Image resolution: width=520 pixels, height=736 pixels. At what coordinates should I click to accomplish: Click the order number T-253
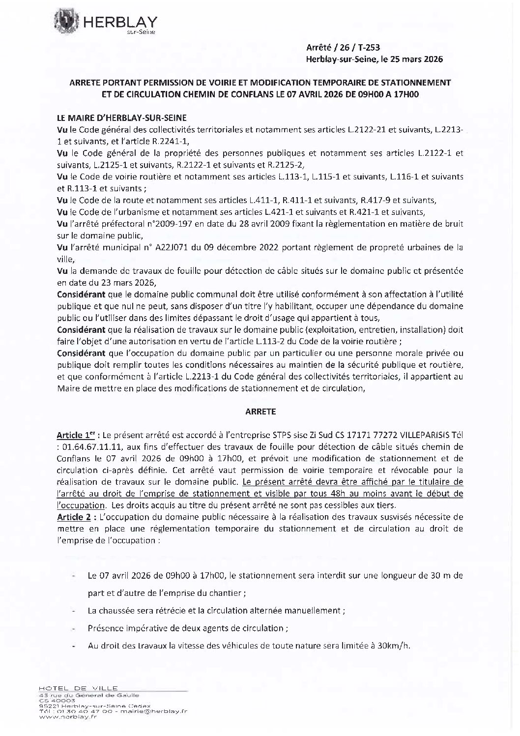pos(368,48)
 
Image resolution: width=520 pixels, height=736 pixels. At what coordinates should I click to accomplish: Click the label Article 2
pos(74,517)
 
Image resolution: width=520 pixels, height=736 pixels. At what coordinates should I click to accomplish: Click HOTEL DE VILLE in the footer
pos(78,688)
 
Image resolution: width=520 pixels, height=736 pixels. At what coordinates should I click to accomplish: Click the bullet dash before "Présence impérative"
pos(73,629)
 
